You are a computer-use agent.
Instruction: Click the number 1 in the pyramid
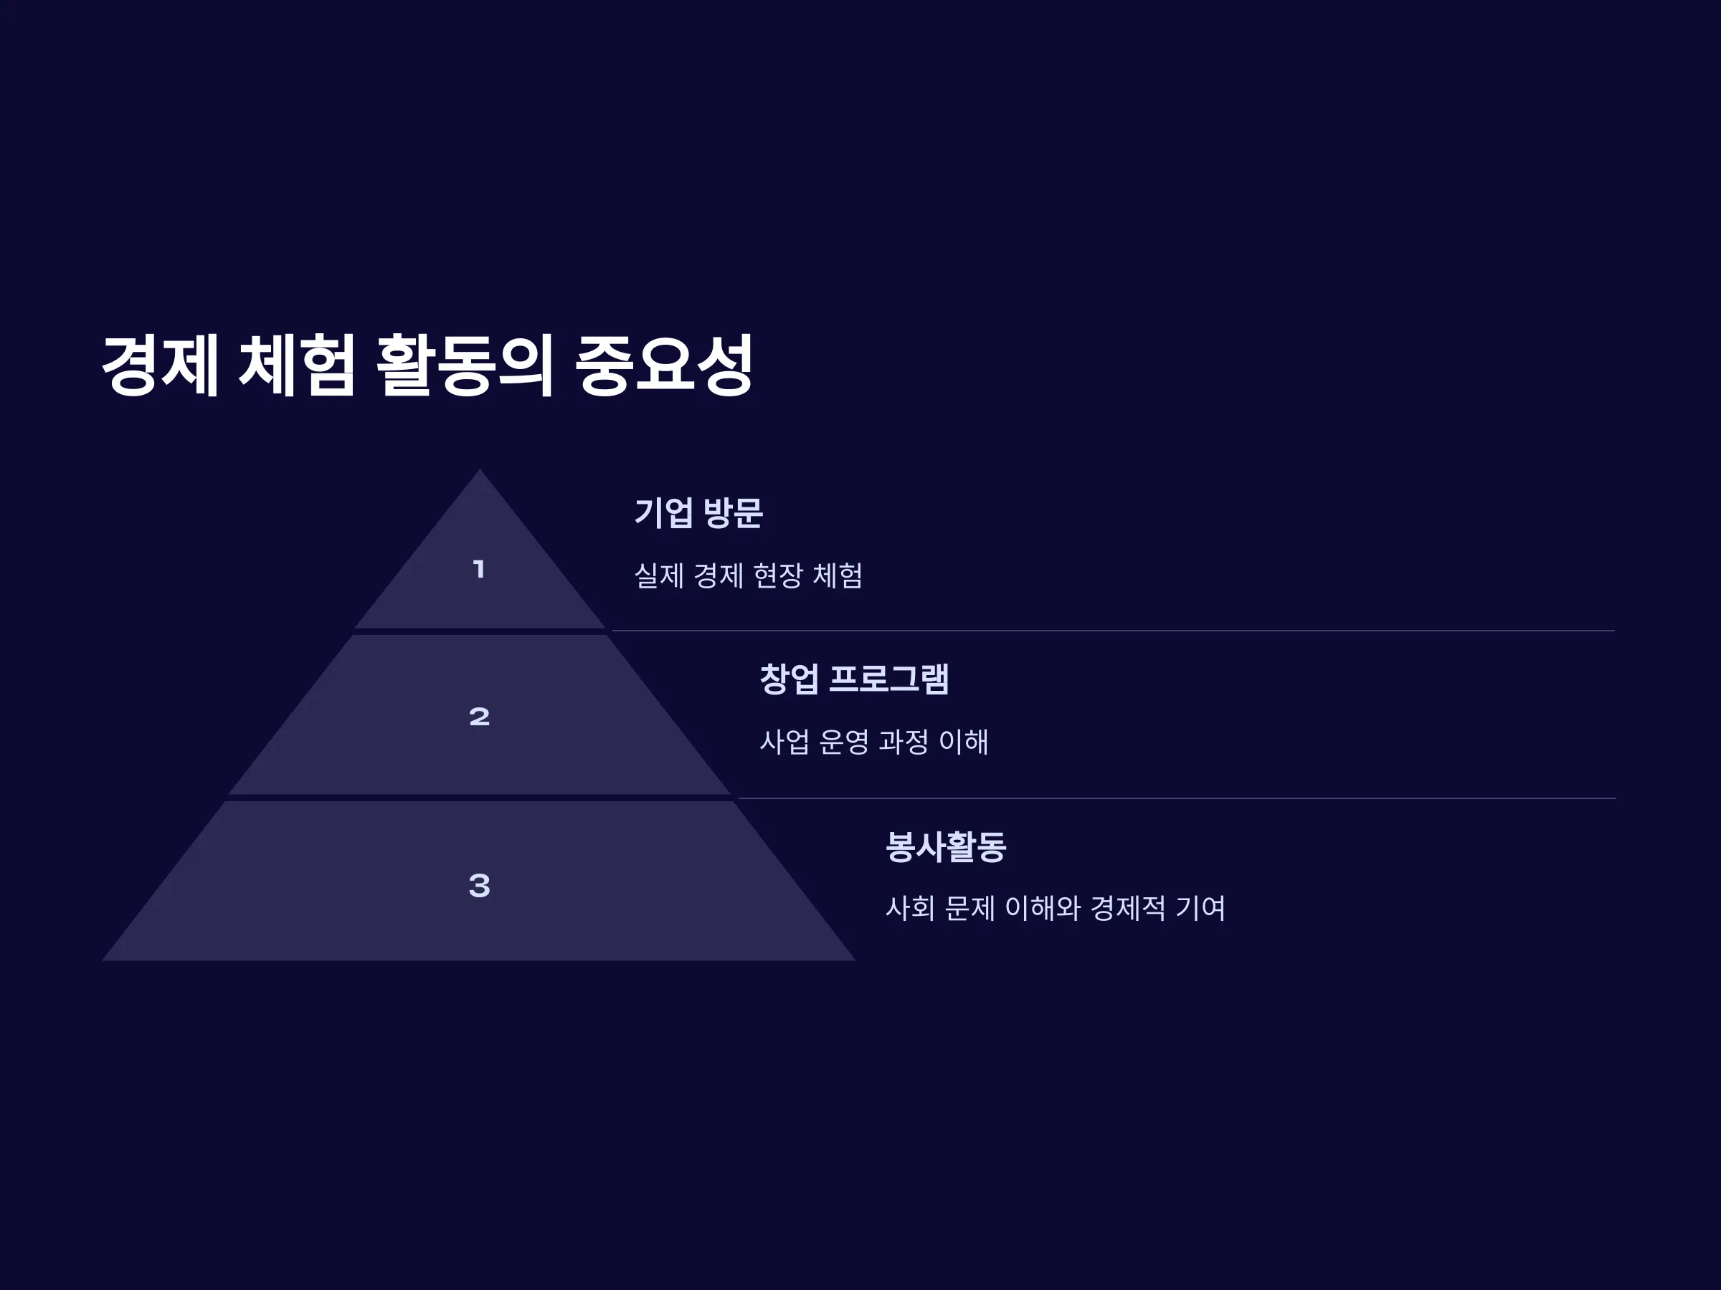[479, 569]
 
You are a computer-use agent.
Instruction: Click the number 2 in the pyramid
[479, 716]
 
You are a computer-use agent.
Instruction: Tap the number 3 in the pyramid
[479, 885]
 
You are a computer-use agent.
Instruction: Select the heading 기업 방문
[698, 512]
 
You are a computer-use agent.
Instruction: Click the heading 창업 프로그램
[853, 679]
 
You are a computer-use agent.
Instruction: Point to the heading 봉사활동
[945, 846]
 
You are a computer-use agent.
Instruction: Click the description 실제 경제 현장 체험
[748, 575]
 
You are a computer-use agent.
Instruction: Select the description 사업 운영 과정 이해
[873, 742]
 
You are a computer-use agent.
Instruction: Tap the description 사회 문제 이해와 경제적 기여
[1055, 907]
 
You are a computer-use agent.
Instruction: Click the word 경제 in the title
[161, 365]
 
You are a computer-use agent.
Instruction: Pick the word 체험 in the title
[296, 365]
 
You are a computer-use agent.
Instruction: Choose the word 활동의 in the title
[465, 365]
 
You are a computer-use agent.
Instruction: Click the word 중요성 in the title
[663, 365]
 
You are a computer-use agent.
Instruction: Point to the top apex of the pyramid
[479, 469]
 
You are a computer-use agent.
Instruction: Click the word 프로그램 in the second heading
[888, 679]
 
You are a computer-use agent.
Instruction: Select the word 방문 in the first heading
[732, 512]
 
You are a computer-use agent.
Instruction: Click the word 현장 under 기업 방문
[778, 575]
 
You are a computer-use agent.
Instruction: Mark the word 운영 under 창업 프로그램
[843, 742]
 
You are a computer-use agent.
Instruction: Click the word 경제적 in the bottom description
[1127, 907]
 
